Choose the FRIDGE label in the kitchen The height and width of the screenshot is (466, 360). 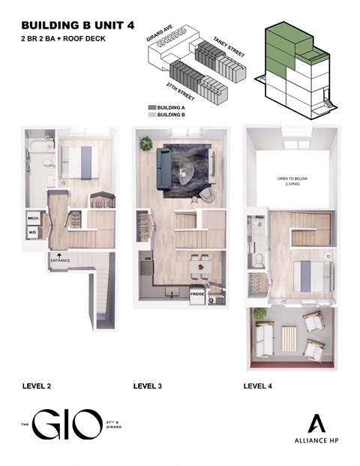click(x=198, y=294)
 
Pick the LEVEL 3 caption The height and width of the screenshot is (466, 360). click(x=148, y=386)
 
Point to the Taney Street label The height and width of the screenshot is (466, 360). click(x=220, y=44)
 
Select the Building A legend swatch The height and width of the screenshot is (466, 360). click(x=152, y=107)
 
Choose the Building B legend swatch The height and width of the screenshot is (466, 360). click(x=152, y=115)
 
